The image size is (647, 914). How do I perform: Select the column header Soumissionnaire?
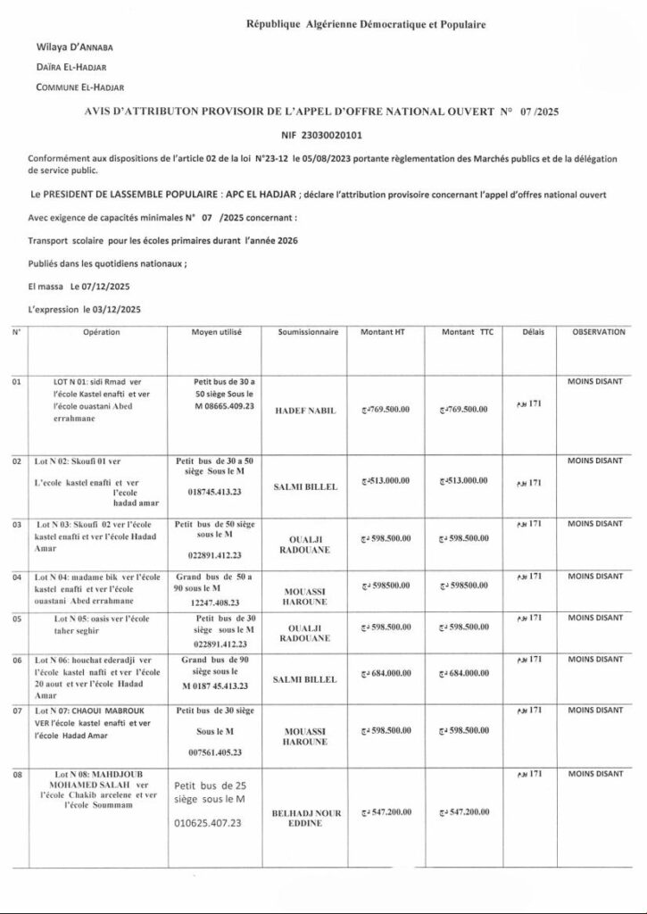point(308,332)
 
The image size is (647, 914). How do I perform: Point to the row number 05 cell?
point(17,618)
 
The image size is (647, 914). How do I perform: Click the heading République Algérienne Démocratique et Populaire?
point(366,25)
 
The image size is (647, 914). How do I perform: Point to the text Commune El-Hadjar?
point(80,87)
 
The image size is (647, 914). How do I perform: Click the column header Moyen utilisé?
point(217,332)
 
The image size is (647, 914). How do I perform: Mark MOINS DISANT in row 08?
point(595,769)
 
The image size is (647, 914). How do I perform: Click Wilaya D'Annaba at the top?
point(75,46)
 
